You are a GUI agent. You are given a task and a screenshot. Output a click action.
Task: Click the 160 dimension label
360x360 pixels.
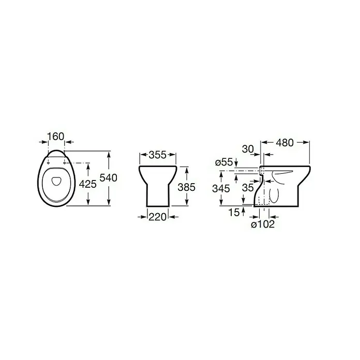(x=55, y=137)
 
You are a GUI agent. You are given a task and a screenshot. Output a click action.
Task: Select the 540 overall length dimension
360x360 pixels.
(x=109, y=178)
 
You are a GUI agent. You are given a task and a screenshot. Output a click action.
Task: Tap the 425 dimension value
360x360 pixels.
(x=88, y=184)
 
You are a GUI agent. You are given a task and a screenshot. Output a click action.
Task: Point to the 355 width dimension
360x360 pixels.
(x=157, y=155)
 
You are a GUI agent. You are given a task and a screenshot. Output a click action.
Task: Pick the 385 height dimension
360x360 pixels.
(x=186, y=187)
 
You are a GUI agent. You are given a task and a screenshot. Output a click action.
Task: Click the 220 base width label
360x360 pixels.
(x=157, y=217)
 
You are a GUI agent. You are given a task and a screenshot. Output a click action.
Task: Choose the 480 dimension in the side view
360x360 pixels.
(x=284, y=143)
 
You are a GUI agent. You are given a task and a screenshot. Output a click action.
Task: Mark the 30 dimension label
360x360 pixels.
(x=248, y=149)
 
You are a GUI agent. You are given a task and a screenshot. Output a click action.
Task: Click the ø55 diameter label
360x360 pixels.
(x=224, y=162)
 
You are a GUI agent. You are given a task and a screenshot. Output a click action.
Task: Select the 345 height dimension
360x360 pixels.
(x=221, y=188)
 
